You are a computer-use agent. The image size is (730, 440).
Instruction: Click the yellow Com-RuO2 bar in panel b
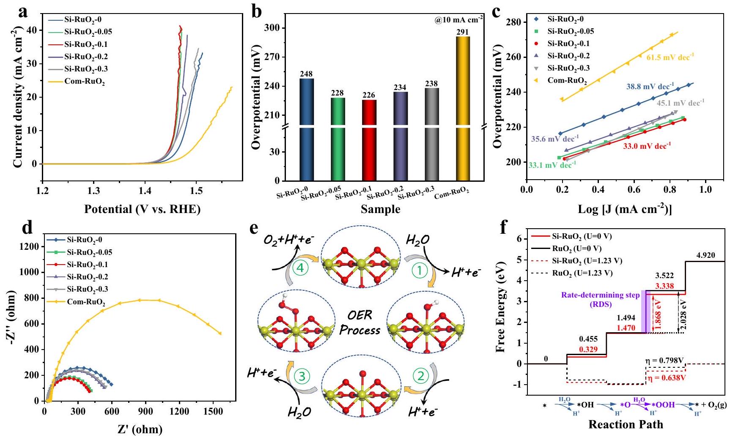463,110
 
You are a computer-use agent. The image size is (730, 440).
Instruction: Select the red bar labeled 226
369,139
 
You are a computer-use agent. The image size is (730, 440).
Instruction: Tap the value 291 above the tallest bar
463,32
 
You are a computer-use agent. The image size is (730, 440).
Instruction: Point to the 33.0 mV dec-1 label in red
647,146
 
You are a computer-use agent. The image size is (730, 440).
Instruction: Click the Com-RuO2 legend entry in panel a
85,82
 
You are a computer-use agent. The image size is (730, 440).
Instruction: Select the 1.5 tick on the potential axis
196,191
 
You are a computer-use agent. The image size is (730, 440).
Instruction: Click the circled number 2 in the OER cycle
420,376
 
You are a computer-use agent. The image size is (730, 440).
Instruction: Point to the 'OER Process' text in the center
360,323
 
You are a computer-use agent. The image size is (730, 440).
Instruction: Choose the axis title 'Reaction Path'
626,424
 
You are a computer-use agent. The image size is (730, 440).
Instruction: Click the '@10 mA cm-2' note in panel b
458,20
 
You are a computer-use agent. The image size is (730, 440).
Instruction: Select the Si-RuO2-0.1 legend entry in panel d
87,265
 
